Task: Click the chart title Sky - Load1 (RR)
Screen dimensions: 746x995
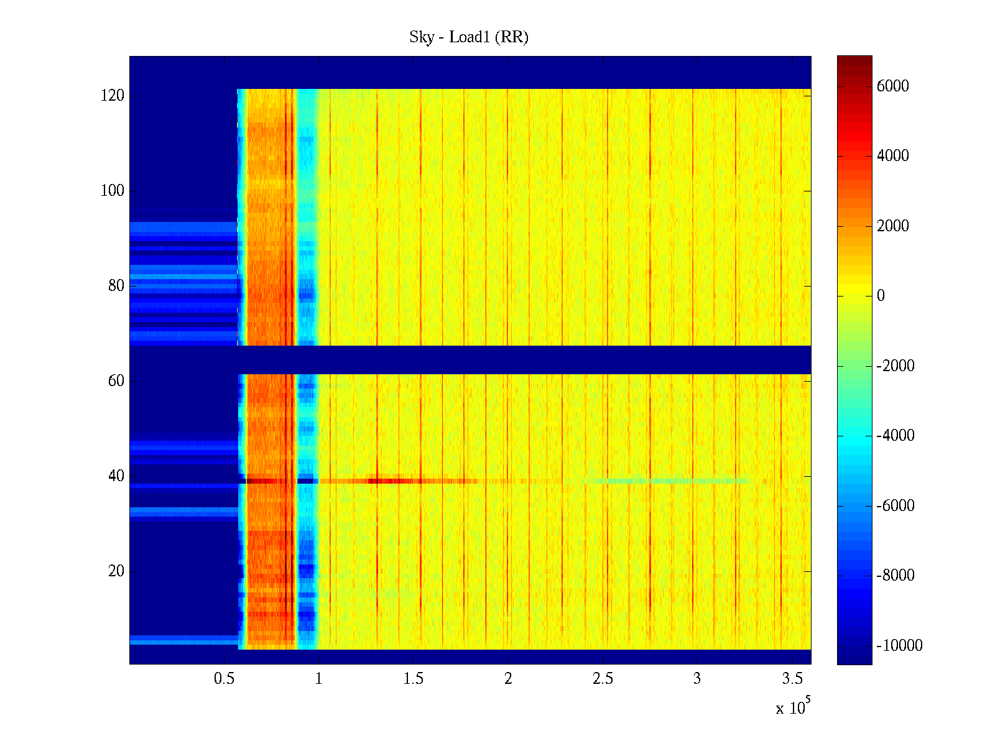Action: [469, 37]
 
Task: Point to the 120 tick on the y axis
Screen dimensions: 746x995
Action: [112, 96]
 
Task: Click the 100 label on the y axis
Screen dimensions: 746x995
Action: [112, 191]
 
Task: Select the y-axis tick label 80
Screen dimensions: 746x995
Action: [116, 286]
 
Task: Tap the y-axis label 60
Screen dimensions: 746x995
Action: [116, 381]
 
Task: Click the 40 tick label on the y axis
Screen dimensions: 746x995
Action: [116, 476]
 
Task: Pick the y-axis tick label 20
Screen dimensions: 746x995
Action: [116, 571]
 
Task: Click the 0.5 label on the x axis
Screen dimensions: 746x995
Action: [224, 679]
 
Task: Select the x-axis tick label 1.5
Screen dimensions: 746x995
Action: [414, 679]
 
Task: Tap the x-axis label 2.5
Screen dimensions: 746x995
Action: [603, 679]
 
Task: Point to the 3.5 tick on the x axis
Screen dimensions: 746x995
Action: [792, 679]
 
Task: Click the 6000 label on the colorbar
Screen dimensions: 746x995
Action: [892, 86]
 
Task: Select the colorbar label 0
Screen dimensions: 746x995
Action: [881, 296]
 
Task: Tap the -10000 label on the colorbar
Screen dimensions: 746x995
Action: [899, 646]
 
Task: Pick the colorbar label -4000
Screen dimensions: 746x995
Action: [895, 436]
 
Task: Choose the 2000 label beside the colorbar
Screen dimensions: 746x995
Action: [892, 226]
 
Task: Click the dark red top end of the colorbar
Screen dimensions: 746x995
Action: [854, 60]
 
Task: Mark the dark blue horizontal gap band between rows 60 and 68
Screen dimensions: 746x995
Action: [470, 360]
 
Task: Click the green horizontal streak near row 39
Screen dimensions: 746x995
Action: [665, 481]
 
